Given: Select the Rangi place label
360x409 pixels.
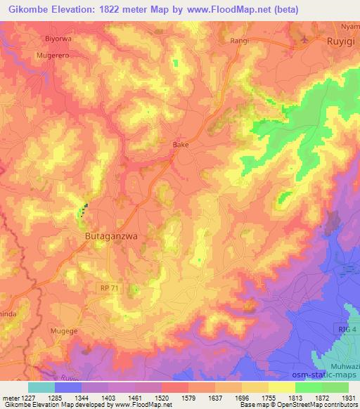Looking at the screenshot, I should (x=240, y=41).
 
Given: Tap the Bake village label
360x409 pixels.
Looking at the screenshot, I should (x=181, y=145).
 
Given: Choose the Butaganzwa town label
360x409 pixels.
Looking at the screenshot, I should (x=110, y=238).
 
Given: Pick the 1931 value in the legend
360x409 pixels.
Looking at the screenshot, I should (x=347, y=398).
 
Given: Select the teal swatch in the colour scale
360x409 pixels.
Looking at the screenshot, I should (x=41, y=387).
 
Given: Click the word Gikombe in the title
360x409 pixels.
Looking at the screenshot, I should (x=29, y=10).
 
